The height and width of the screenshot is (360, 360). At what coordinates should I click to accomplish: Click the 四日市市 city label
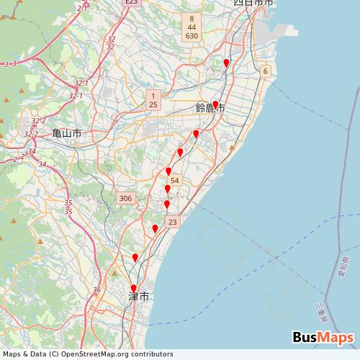[253, 4]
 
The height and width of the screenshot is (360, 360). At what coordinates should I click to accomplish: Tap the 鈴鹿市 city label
[210, 109]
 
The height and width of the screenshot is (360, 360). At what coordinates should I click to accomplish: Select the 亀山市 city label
[66, 134]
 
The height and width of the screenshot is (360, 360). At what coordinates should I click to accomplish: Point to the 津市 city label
[138, 297]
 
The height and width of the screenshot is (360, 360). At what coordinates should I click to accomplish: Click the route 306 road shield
[125, 198]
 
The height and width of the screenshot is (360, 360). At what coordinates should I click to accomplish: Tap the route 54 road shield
[175, 180]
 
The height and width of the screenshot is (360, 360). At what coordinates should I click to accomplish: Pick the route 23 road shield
[172, 222]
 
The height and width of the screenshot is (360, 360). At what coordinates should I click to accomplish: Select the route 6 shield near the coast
[265, 71]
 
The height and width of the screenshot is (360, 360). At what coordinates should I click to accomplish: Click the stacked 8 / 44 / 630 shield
[191, 27]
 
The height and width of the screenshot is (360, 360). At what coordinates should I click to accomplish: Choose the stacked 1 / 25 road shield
[153, 100]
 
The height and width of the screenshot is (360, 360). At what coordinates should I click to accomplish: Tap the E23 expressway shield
[130, 3]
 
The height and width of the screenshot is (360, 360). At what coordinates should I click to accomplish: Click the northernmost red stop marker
[226, 63]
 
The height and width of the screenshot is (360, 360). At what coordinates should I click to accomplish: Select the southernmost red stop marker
[133, 289]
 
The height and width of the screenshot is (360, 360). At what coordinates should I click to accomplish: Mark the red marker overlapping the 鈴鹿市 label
[215, 104]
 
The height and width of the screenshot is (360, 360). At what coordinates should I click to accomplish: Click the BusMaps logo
[323, 338]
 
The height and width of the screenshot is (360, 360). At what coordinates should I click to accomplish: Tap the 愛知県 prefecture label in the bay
[343, 269]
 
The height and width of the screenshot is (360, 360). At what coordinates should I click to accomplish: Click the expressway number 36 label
[96, 289]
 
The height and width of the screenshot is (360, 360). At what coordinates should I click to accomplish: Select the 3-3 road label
[10, 64]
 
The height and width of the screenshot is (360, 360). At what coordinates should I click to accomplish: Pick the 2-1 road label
[81, 7]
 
